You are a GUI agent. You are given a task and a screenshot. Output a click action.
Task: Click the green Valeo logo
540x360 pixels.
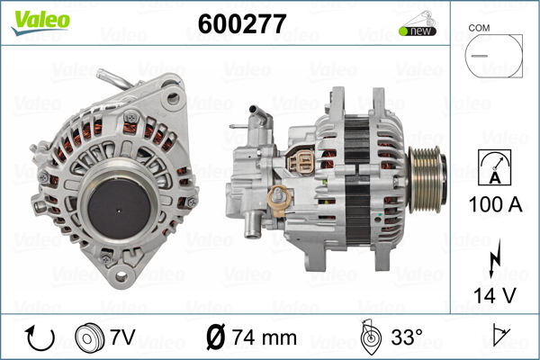tap(40, 22)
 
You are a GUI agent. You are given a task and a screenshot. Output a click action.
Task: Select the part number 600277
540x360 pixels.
tap(242, 23)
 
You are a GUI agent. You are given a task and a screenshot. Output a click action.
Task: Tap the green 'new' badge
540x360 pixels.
tap(418, 31)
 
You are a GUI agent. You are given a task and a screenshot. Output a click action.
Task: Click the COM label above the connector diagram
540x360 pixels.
tap(479, 28)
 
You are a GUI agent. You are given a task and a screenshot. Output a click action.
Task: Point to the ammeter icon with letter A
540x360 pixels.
tap(494, 167)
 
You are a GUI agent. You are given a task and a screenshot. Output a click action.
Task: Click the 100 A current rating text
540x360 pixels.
tap(495, 204)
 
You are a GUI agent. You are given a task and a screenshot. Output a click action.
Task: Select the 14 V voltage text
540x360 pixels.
tap(495, 295)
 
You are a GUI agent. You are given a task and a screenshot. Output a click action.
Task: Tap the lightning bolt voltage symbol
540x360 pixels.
tap(495, 258)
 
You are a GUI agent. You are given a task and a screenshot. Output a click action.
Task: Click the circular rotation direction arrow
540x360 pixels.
tap(40, 337)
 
